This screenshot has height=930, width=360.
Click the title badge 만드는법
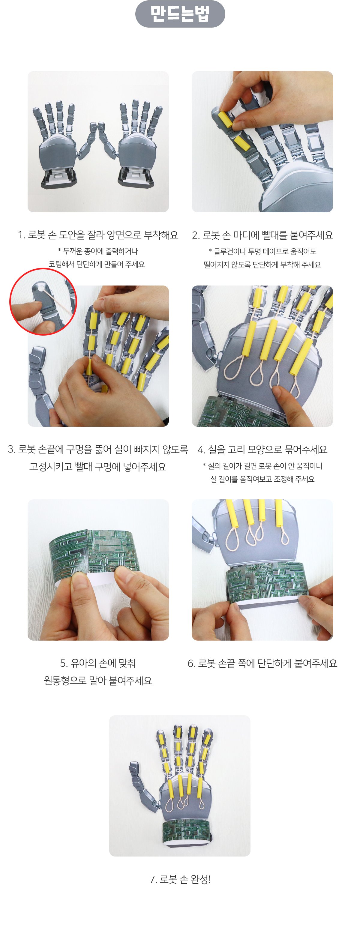[180, 14]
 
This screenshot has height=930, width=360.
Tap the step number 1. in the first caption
[21, 235]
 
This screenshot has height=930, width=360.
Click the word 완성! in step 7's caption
[200, 879]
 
